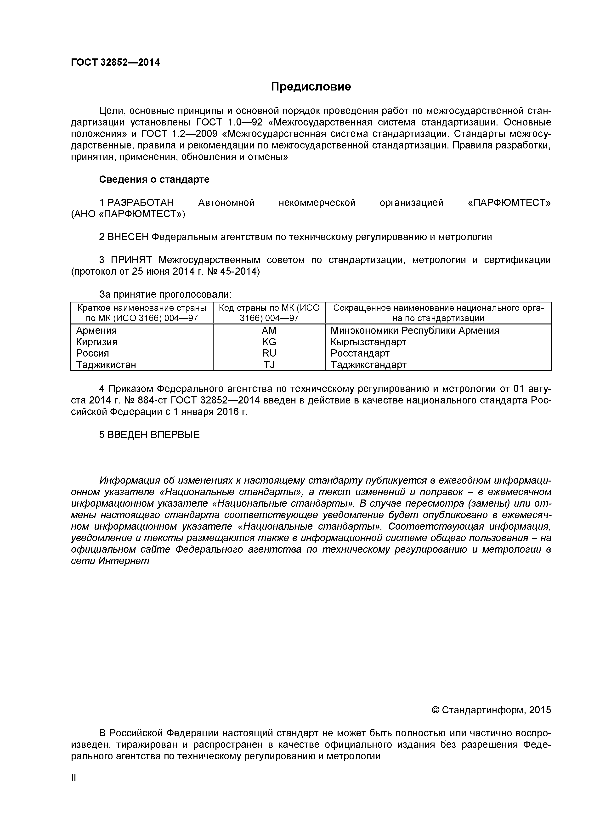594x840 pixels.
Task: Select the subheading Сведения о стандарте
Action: tap(154, 180)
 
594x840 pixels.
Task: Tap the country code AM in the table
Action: tap(269, 331)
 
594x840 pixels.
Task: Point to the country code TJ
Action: tap(269, 365)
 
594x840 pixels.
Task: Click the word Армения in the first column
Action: tap(96, 331)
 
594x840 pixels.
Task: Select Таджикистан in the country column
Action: tap(106, 365)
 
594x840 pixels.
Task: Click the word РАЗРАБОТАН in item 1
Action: tap(141, 203)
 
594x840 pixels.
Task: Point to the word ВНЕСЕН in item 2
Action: tap(128, 237)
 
